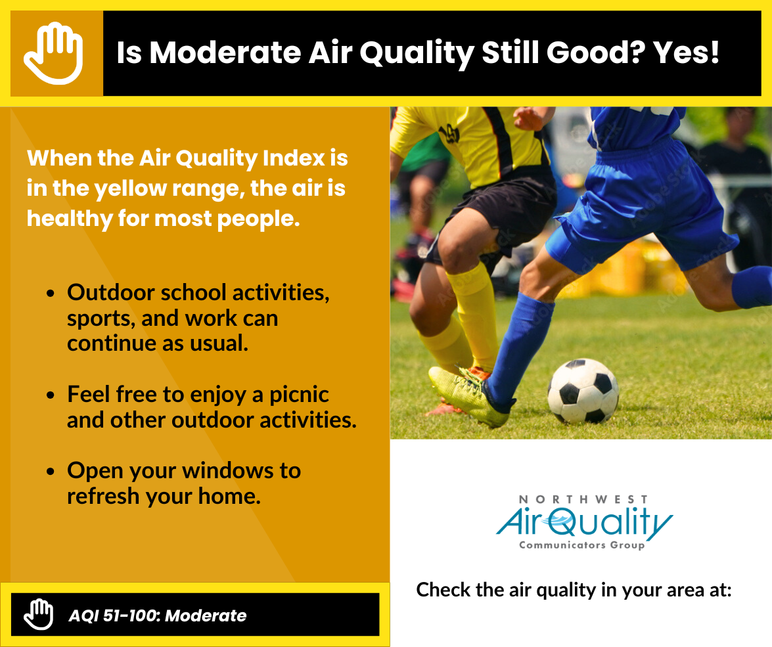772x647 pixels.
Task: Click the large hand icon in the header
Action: coord(53,53)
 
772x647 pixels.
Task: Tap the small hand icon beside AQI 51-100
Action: coord(38,615)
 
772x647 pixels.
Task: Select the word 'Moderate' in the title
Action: coord(225,52)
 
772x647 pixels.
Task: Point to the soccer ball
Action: coord(583,391)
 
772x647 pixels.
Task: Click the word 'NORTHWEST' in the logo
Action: coord(583,499)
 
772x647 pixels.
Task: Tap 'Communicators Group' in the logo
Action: coord(582,545)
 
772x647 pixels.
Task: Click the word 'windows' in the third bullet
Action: coord(223,471)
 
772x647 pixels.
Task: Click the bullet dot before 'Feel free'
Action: coord(50,395)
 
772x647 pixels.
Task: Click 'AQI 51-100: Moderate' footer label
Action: coord(158,615)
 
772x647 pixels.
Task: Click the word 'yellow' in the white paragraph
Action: coord(131,189)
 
